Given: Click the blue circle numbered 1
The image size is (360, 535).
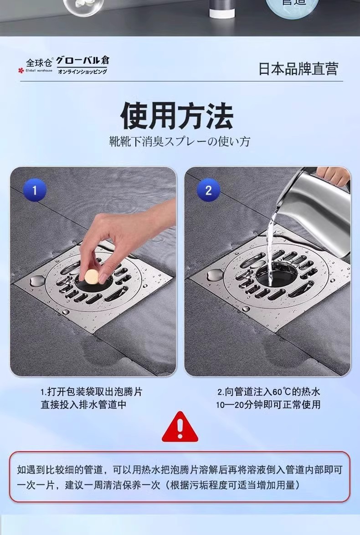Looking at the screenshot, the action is click(35, 190).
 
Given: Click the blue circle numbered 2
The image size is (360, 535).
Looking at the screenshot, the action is click(208, 190).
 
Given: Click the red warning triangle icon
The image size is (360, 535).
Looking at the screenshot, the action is click(180, 427).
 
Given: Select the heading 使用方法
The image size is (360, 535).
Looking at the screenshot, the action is click(177, 116).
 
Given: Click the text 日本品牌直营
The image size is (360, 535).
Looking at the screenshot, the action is click(298, 69).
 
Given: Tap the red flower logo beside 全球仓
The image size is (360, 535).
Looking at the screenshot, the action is click(21, 71).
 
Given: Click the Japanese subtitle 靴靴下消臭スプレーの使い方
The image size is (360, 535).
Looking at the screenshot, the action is click(180, 141).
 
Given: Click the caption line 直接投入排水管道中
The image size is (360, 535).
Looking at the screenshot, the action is click(84, 405).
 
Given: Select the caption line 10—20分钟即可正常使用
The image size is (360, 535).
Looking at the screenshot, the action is click(268, 405).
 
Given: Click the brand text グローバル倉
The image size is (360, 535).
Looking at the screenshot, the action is click(82, 61).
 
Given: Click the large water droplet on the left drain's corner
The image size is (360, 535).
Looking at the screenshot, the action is click(36, 281).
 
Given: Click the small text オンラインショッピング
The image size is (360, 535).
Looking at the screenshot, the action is click(82, 71).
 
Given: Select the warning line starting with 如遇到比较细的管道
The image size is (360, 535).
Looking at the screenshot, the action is click(180, 470).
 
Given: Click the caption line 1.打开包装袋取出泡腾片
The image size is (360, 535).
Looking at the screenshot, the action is click(91, 392).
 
